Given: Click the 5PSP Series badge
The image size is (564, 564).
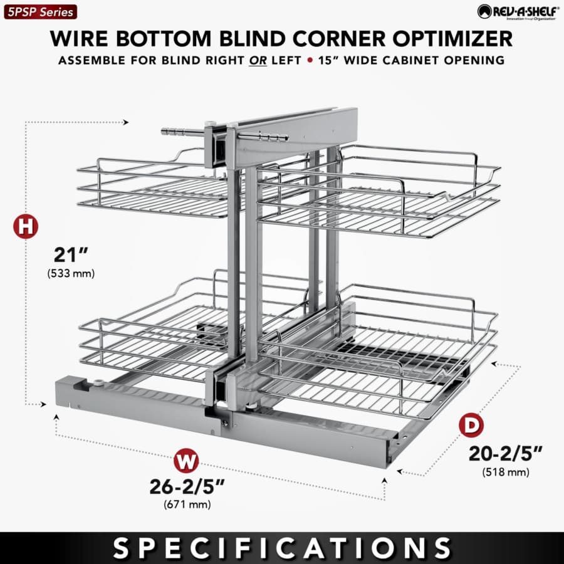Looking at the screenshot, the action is [x=40, y=12].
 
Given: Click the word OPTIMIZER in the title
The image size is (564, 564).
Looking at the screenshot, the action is [x=452, y=38].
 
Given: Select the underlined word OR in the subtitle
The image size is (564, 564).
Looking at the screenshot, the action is [x=258, y=60].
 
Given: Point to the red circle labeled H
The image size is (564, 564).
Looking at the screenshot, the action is [x=26, y=227].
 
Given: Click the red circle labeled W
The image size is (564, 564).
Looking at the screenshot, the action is [x=186, y=461].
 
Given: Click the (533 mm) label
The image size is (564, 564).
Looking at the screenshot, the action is [x=71, y=273].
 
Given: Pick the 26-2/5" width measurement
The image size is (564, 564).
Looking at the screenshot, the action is [x=187, y=487].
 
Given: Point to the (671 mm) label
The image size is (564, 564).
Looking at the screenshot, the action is [x=187, y=504].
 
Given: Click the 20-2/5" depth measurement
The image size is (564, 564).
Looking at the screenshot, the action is [x=505, y=454].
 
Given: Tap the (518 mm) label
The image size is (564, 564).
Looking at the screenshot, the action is [x=506, y=471].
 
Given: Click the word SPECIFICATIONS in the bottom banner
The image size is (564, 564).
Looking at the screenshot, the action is [x=282, y=548].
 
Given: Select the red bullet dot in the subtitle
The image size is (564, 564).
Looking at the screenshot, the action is [x=310, y=60].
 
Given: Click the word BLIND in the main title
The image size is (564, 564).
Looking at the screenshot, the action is [x=251, y=38].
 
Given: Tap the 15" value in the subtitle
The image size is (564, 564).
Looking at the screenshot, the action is [x=328, y=60].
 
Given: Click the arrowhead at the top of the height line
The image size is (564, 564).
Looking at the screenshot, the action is [x=125, y=122].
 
